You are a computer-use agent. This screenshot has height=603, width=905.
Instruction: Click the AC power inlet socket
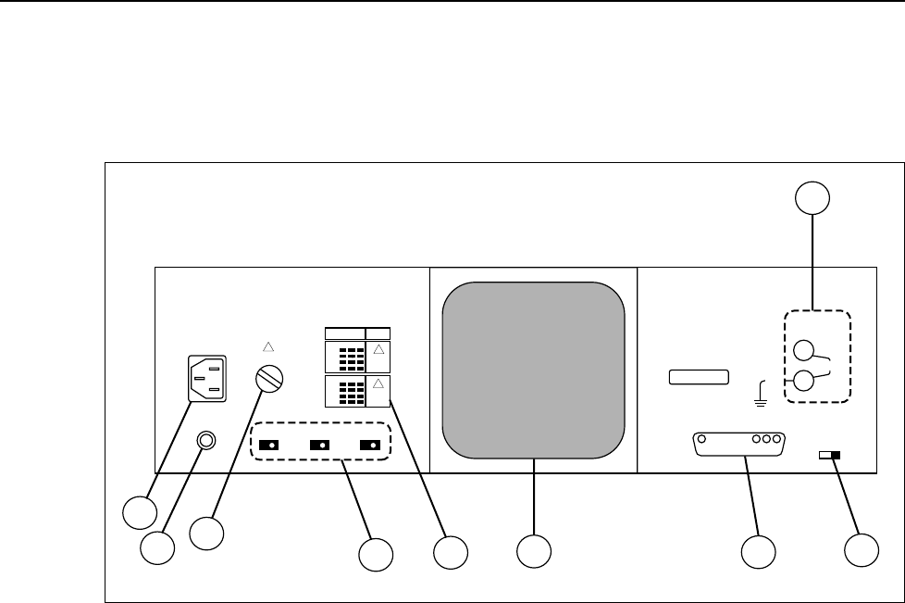click(206, 379)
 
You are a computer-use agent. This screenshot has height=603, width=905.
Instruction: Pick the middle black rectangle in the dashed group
click(322, 445)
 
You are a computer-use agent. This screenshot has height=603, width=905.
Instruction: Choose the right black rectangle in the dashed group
click(373, 445)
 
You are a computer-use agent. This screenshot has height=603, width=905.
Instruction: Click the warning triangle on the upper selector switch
click(378, 351)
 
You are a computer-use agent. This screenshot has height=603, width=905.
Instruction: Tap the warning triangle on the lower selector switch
click(378, 383)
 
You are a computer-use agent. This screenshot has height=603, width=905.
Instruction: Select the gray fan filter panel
click(534, 369)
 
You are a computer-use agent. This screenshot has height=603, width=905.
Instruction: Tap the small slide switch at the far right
click(830, 455)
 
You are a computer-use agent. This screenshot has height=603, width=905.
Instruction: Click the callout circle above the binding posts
click(812, 197)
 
